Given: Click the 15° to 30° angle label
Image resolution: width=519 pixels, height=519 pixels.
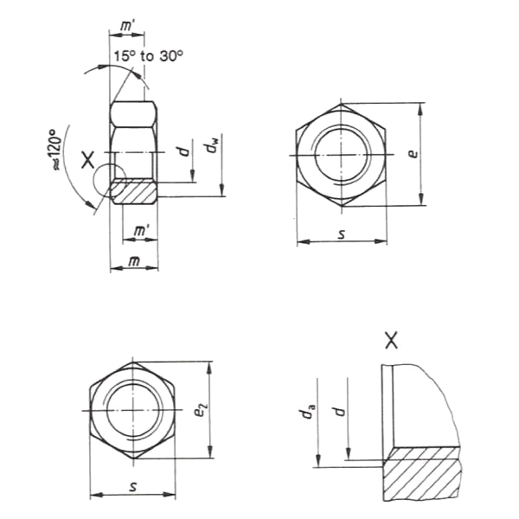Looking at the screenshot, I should tap(148, 56).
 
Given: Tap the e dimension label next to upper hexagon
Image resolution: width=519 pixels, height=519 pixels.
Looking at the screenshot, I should tap(414, 154).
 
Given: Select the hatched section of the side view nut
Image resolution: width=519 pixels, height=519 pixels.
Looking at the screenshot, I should tap(135, 191).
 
